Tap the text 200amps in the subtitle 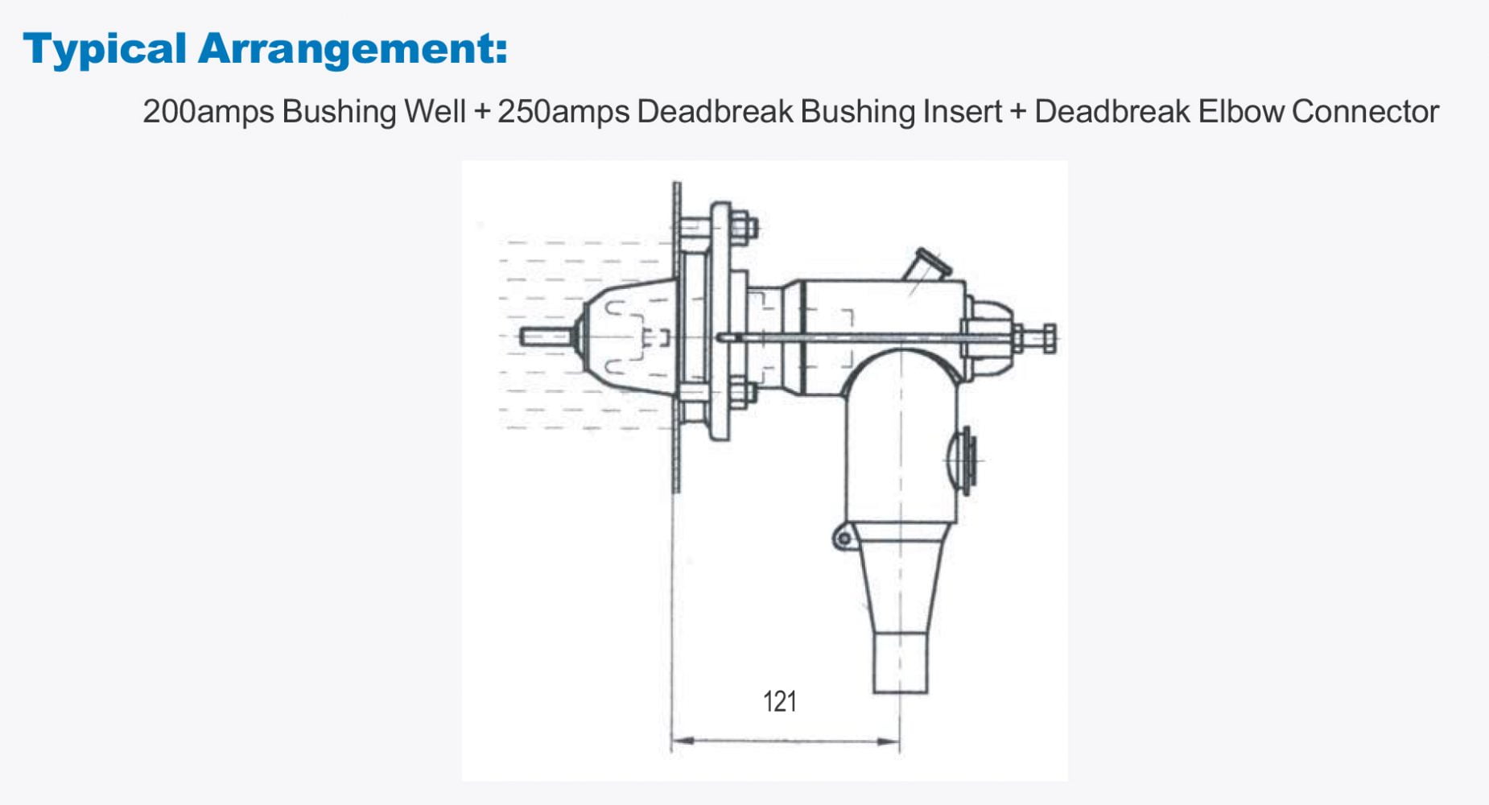point(208,111)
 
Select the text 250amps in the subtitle point(563,111)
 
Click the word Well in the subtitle point(435,111)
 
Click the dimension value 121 point(779,702)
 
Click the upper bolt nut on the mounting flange point(742,227)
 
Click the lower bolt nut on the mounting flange point(741,395)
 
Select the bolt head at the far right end point(1049,338)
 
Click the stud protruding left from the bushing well point(544,336)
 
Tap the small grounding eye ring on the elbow point(843,538)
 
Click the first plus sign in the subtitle point(482,111)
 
